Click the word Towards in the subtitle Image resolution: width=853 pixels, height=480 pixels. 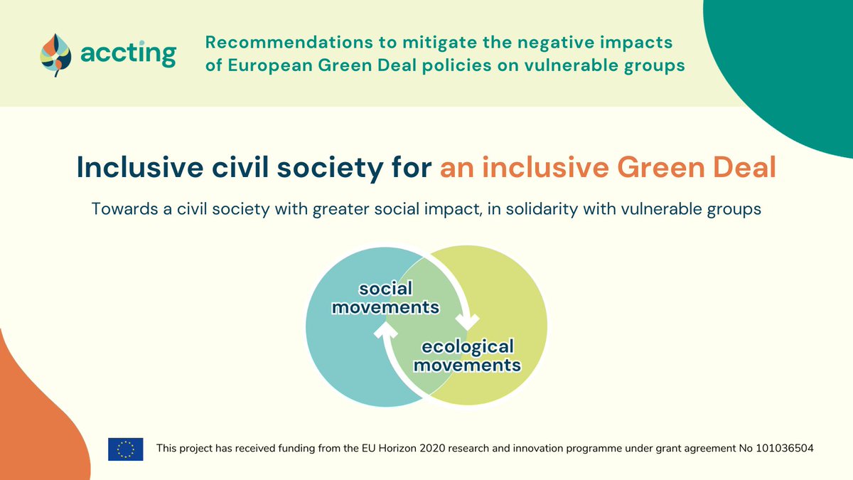coord(120,210)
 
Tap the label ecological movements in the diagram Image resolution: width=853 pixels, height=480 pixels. coord(467,356)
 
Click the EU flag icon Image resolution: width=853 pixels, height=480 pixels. coord(126,449)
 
